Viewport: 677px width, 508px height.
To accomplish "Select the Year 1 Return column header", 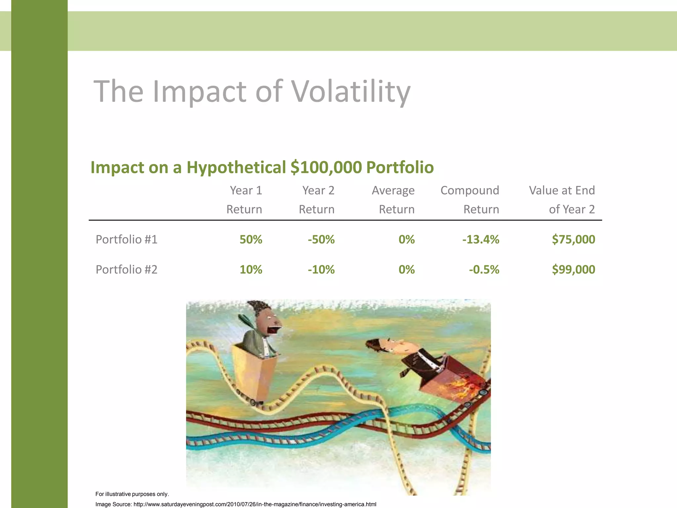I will (x=245, y=200).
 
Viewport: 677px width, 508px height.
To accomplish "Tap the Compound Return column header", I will (x=470, y=200).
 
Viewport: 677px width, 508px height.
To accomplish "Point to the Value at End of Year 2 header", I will (x=562, y=200).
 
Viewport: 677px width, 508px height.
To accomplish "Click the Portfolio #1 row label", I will (x=126, y=239).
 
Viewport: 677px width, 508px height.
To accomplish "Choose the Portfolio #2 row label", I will (x=126, y=270).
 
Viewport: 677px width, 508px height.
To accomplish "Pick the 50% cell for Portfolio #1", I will (x=251, y=239).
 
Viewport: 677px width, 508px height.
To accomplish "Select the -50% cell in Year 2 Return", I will (x=321, y=239).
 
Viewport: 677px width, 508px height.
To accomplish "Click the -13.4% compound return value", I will (x=481, y=239).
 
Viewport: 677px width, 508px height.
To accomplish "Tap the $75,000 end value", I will (x=574, y=239).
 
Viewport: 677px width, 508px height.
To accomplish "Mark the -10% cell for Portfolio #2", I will (x=321, y=270).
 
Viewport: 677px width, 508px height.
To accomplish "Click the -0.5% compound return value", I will (x=484, y=270).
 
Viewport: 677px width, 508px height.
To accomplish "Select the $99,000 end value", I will (x=574, y=270).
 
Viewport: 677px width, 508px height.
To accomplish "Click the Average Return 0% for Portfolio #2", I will (x=407, y=270).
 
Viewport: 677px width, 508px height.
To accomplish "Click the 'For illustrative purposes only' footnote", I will (x=132, y=494).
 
